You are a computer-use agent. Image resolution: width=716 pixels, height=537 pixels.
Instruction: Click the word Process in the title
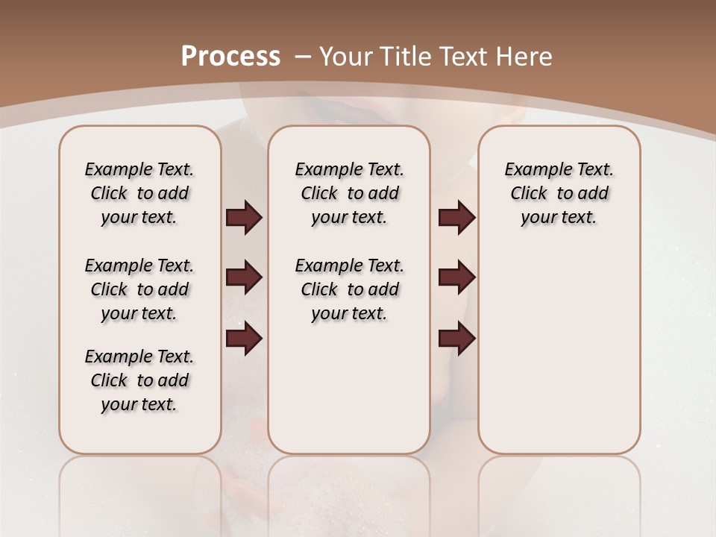tap(230, 56)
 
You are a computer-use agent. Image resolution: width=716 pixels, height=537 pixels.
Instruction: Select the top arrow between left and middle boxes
tap(244, 218)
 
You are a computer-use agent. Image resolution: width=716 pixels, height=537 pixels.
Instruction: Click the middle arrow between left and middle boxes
tap(244, 277)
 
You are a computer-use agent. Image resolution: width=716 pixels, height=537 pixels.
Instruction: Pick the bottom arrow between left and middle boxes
tap(244, 338)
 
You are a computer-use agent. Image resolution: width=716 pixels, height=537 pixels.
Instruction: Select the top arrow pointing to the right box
tap(456, 218)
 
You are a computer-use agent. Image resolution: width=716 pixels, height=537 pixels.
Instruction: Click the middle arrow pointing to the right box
tap(456, 277)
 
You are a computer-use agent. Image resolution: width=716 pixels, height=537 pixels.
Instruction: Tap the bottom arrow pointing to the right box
tap(456, 338)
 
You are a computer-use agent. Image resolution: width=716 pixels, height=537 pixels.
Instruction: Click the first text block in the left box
tap(139, 193)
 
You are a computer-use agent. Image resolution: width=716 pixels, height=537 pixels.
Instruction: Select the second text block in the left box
tap(139, 289)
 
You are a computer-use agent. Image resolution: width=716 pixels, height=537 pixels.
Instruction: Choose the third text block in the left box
tap(139, 380)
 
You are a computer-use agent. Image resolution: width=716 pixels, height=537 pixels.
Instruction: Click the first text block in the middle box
tap(349, 193)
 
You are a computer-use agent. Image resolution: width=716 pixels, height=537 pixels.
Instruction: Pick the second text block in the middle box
tap(349, 289)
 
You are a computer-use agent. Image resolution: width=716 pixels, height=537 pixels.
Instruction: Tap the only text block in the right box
tap(559, 193)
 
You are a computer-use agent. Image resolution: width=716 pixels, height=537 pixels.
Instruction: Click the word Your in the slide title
tap(347, 56)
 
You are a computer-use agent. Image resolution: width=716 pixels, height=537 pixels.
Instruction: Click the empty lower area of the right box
tap(559, 358)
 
